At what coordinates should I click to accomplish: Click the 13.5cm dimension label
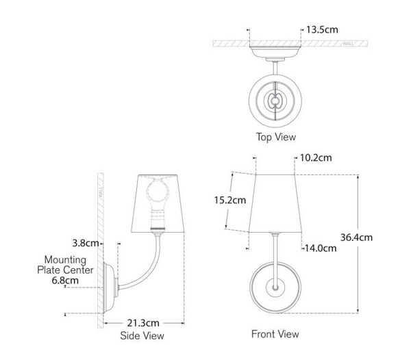point(322,29)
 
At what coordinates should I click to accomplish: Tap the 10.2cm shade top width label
point(316,157)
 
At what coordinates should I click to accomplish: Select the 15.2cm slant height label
point(230,200)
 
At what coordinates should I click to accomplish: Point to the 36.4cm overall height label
point(356,237)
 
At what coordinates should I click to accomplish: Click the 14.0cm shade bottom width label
point(321,248)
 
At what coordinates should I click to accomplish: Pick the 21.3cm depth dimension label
point(143,323)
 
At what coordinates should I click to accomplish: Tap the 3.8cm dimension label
point(86,243)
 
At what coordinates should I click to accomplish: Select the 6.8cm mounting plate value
point(65,281)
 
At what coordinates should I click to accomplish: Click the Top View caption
point(276,137)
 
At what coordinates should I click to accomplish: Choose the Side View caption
point(142,335)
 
